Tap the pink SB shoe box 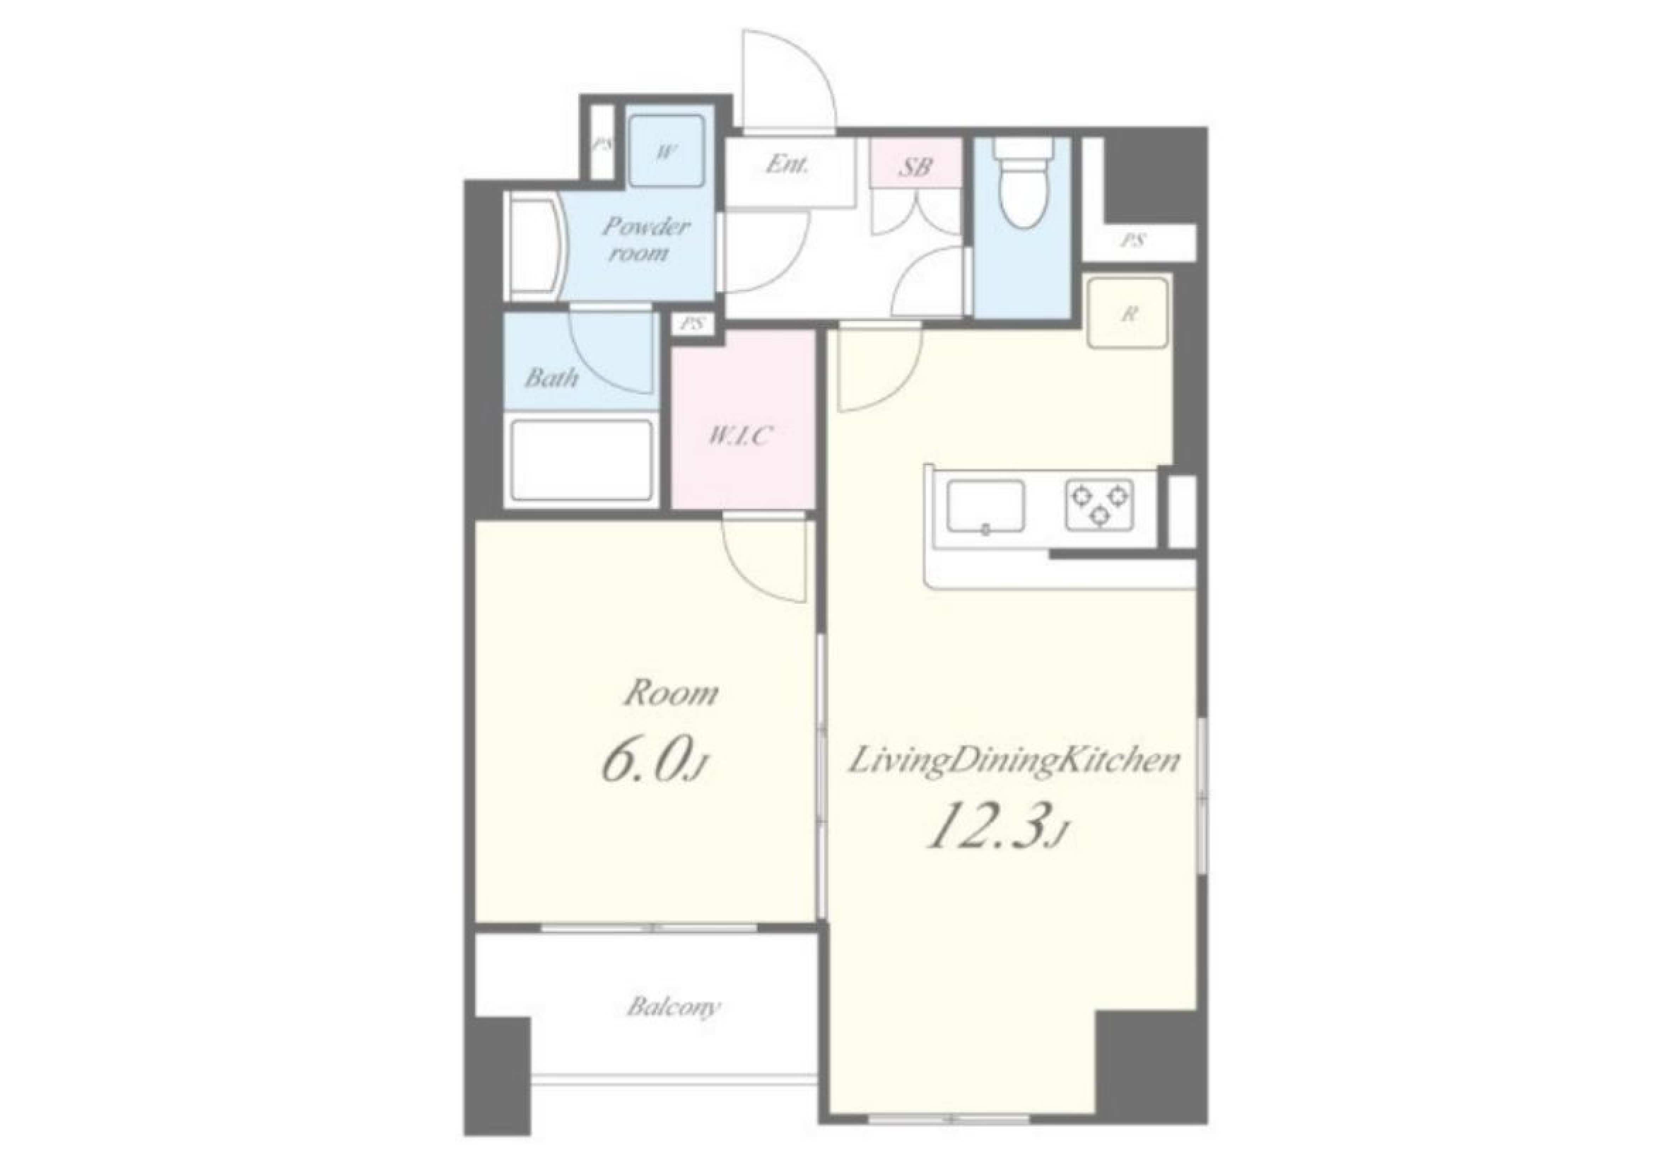[x=915, y=163]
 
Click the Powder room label [x=646, y=239]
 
